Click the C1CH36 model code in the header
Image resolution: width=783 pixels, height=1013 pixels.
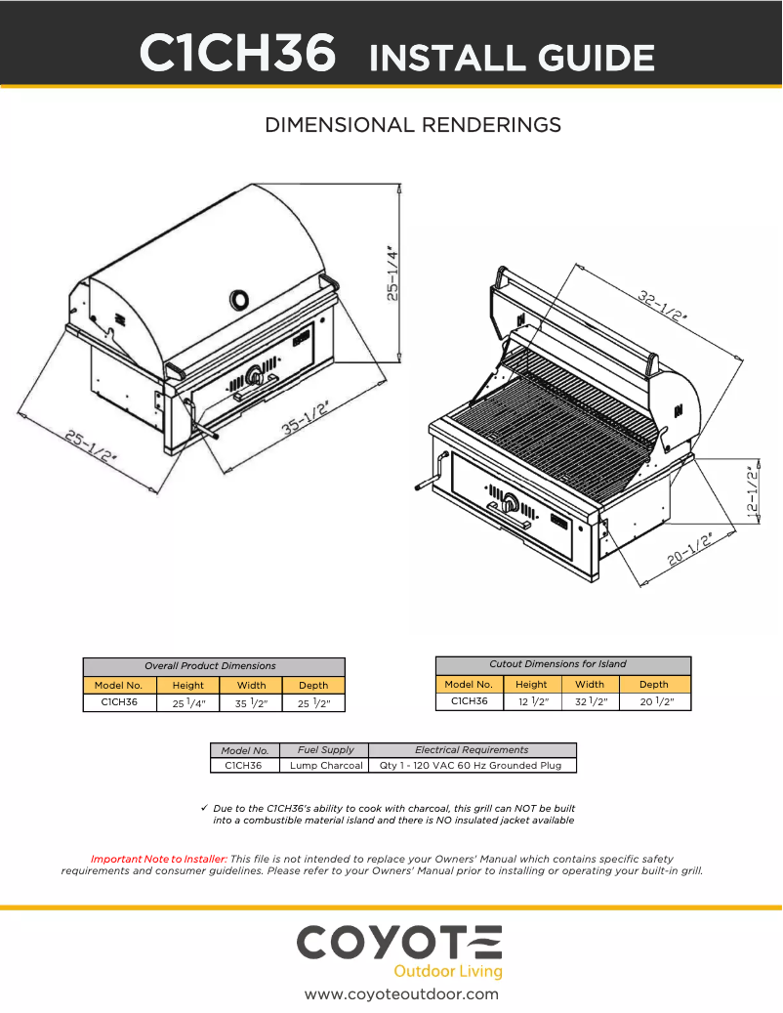(x=239, y=54)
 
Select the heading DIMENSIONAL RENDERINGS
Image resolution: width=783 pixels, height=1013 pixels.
(x=413, y=125)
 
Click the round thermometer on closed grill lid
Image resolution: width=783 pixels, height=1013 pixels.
(x=237, y=298)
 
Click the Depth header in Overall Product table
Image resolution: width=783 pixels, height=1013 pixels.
(x=313, y=685)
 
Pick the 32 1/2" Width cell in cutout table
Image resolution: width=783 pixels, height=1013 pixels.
(x=590, y=701)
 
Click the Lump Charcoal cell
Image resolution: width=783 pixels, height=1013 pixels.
(x=326, y=766)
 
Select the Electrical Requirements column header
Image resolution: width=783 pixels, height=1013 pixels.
(x=472, y=749)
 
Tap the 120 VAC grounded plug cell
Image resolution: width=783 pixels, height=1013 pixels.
(x=472, y=766)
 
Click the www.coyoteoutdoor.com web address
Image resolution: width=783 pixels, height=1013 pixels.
(x=401, y=994)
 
